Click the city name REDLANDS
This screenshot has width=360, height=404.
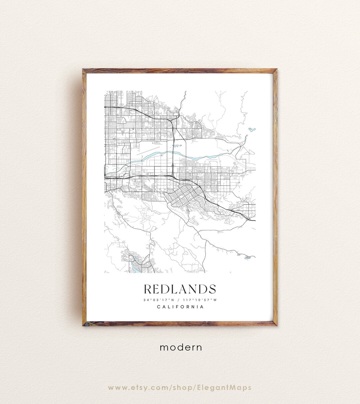[180, 289]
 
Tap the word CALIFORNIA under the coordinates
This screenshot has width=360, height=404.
[180, 307]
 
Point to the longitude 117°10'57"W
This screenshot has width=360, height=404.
[200, 300]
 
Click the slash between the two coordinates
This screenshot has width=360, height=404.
[180, 300]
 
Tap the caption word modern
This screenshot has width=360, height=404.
[181, 347]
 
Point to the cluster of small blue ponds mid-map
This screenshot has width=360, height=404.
[177, 146]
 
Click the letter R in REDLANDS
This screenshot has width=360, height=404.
[148, 289]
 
